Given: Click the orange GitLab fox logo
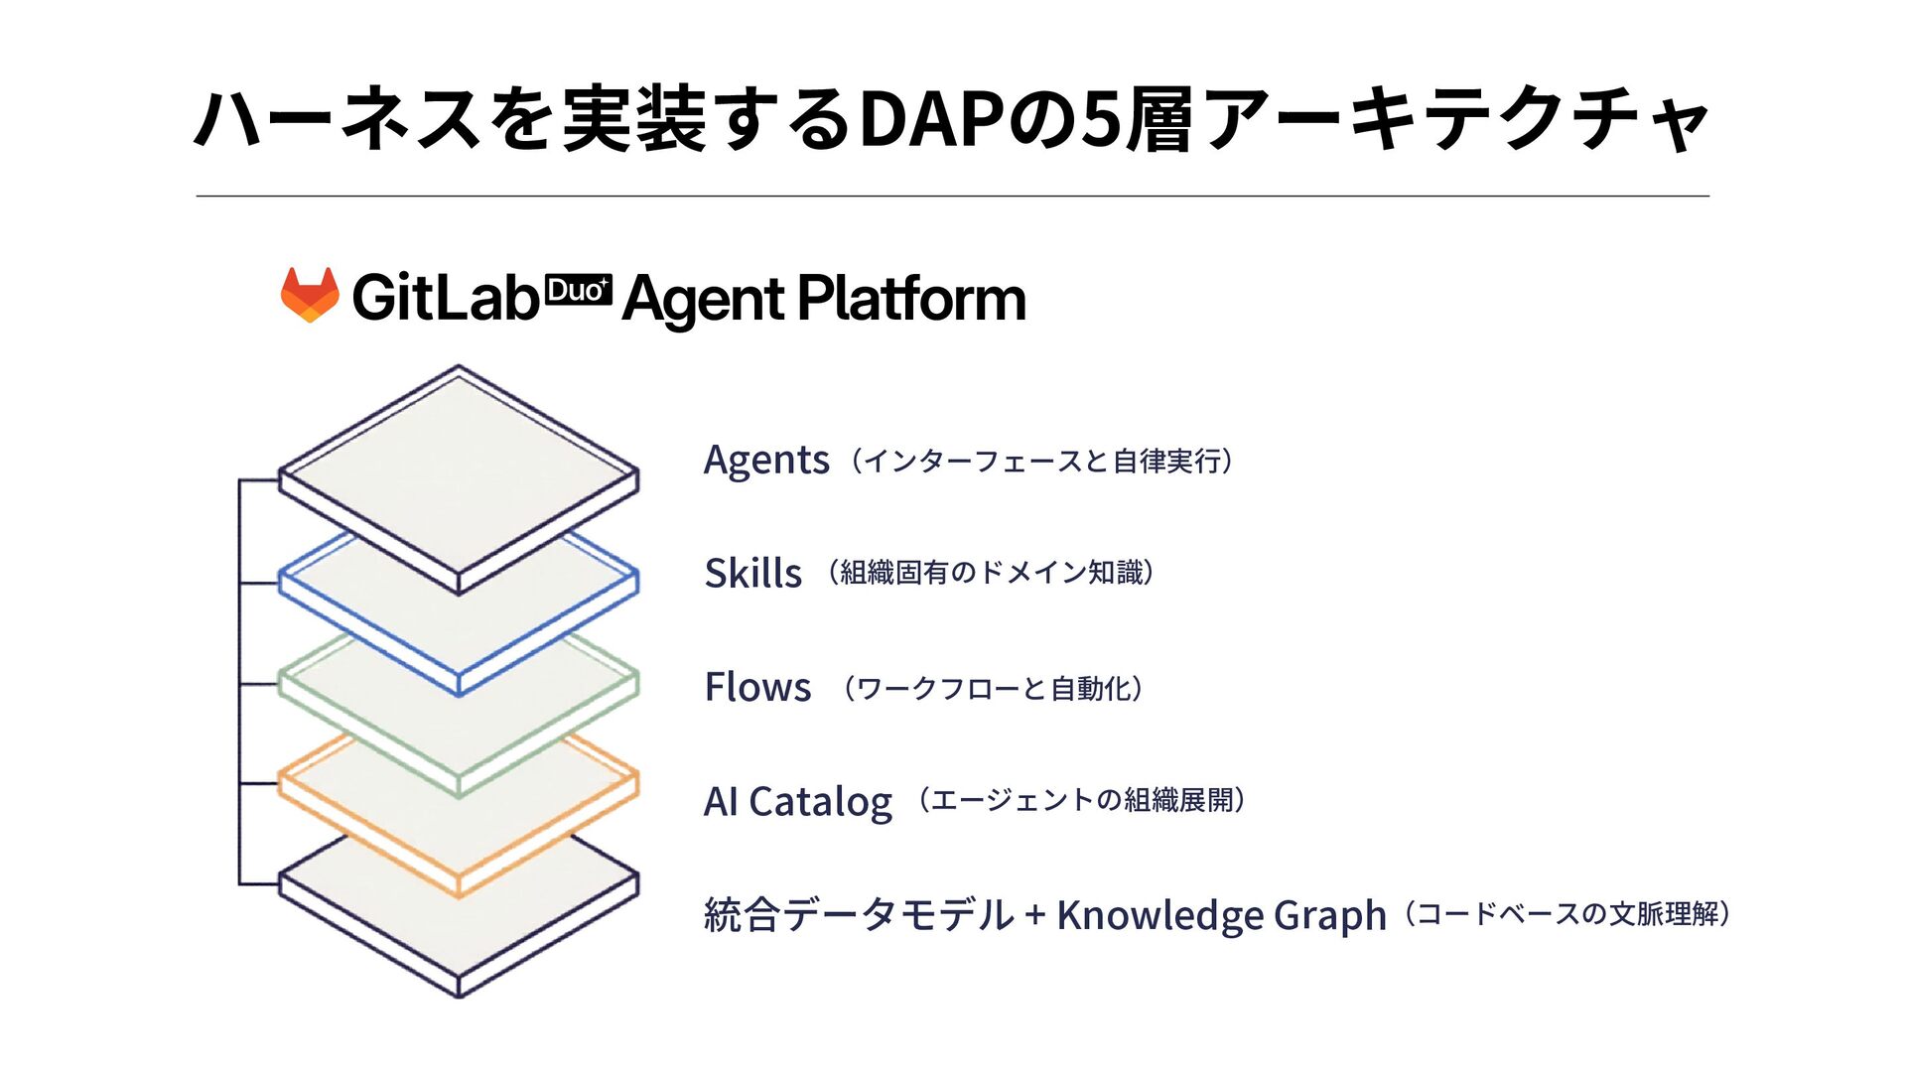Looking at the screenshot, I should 310,295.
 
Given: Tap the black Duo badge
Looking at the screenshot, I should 579,291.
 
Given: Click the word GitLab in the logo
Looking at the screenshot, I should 444,298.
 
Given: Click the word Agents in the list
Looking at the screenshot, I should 765,461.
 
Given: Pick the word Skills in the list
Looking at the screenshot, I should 752,574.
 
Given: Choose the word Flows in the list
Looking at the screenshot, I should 757,687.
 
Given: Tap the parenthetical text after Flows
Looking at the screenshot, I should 993,688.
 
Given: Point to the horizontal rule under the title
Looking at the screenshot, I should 953,197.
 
